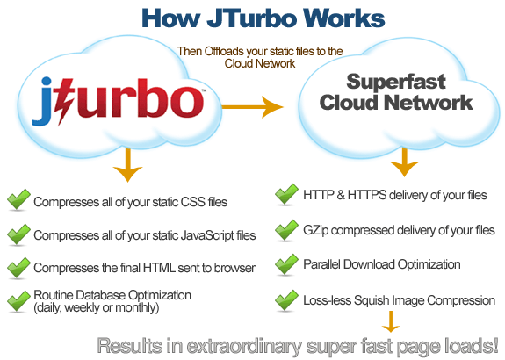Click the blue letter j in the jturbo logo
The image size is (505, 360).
pos(43,101)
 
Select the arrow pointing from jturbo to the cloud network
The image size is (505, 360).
pos(253,107)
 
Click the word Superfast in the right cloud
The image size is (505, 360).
pos(396,82)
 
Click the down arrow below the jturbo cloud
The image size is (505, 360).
pos(128,165)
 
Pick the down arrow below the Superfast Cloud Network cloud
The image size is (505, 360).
pos(404,162)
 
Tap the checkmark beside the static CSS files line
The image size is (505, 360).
pos(18,200)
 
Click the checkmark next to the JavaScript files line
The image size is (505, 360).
pos(18,234)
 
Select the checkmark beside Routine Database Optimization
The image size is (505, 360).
pos(18,301)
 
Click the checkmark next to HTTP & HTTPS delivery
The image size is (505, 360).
pos(286,194)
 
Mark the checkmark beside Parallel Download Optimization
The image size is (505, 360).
pos(286,264)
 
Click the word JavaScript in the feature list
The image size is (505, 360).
pos(207,235)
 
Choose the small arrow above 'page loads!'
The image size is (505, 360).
pos(391,321)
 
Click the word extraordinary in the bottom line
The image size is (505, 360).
pos(244,346)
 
